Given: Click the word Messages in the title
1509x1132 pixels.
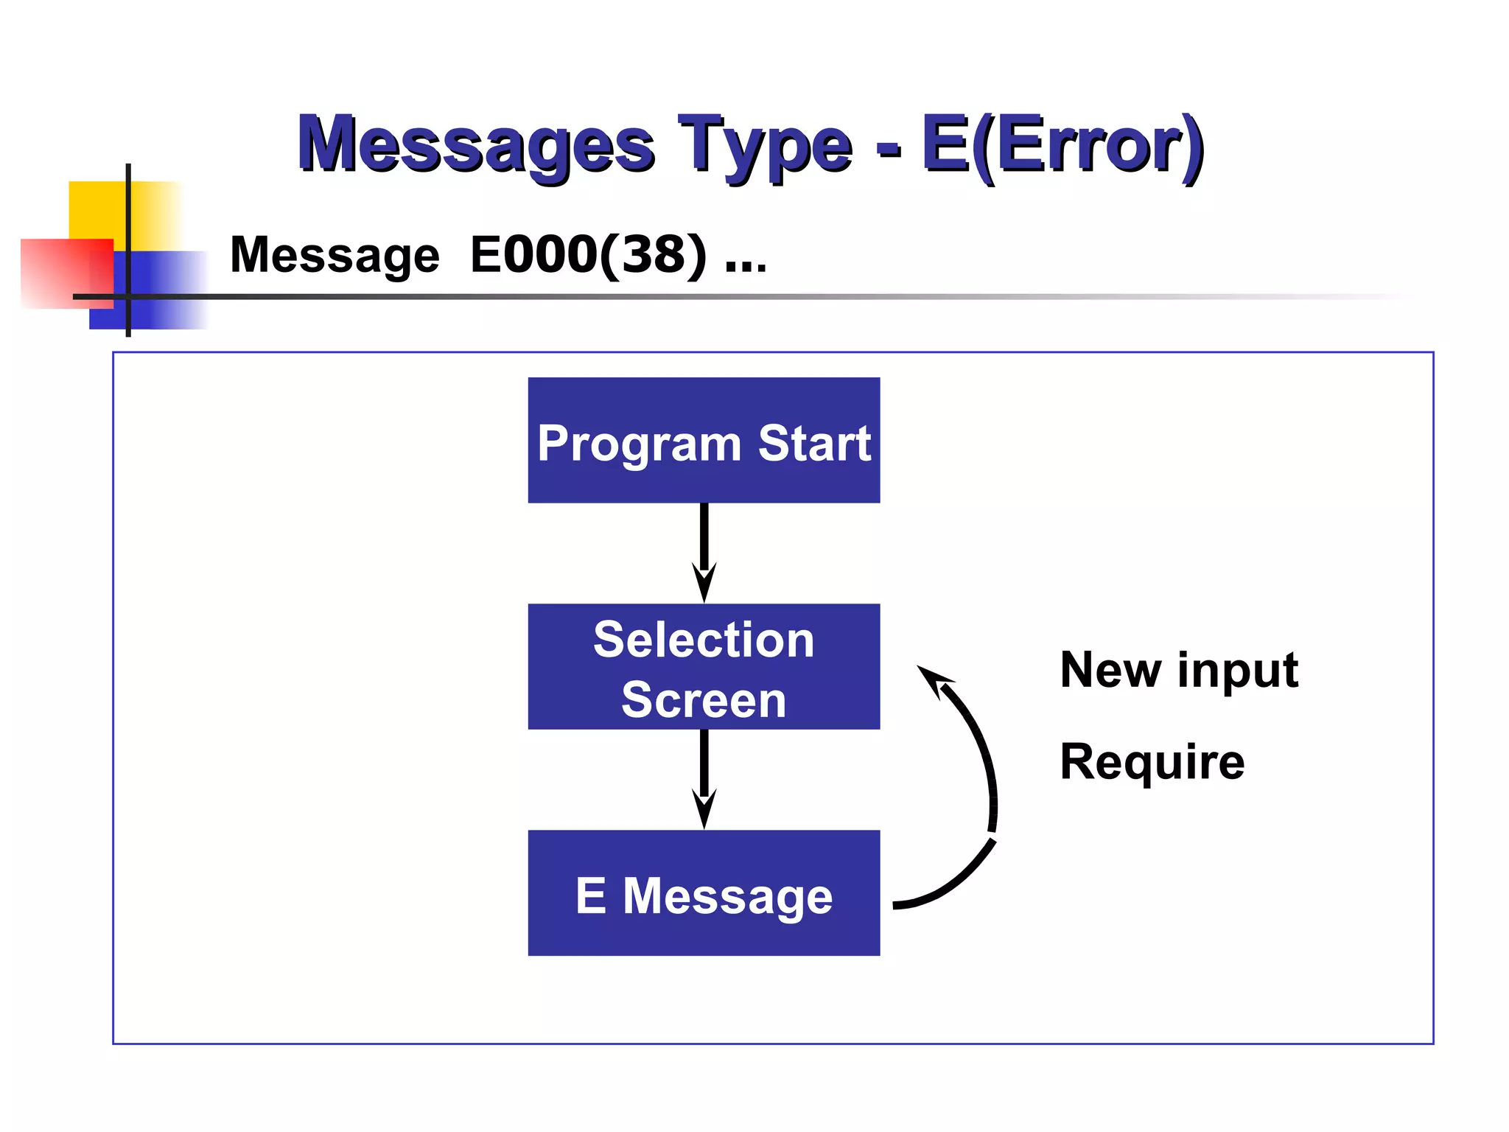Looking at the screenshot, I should (x=475, y=144).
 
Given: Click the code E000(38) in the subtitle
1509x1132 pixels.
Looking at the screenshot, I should (x=588, y=254).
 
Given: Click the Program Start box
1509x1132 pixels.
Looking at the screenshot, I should (x=704, y=441).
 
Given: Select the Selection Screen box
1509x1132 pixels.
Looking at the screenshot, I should (x=704, y=667).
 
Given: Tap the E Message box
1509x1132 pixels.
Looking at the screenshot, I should (x=704, y=893).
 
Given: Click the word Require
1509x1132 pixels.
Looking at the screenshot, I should (x=1152, y=761).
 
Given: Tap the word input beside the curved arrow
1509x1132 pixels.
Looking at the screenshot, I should (x=1238, y=671).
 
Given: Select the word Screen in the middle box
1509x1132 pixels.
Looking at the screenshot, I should (x=704, y=699).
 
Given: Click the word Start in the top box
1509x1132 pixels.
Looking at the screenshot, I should (x=814, y=443).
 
